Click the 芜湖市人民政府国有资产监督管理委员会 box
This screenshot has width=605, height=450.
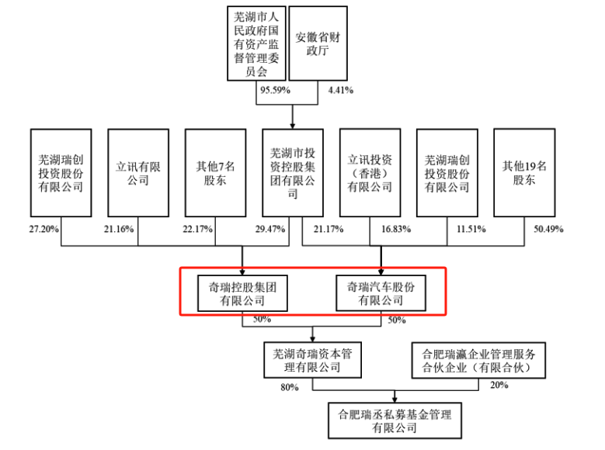click(x=256, y=43)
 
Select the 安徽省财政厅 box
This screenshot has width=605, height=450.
click(x=318, y=43)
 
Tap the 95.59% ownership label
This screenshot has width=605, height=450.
click(x=275, y=90)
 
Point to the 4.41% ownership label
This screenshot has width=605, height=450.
click(x=341, y=90)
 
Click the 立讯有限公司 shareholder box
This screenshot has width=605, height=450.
click(x=138, y=173)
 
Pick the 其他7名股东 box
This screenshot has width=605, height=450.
click(x=215, y=173)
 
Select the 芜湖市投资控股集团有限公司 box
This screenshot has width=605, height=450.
click(x=293, y=173)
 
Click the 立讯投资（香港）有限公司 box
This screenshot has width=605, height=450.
click(x=370, y=173)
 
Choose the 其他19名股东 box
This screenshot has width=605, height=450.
click(x=524, y=173)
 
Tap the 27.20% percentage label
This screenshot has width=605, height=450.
click(x=44, y=229)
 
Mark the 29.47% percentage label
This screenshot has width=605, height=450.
click(x=270, y=229)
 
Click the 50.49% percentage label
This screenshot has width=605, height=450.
click(x=548, y=229)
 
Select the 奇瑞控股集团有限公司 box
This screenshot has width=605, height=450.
click(x=242, y=293)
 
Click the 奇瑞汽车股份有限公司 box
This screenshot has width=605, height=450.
click(x=381, y=292)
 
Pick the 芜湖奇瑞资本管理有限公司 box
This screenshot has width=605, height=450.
click(x=312, y=360)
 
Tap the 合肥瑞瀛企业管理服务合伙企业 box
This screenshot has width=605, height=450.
click(x=478, y=360)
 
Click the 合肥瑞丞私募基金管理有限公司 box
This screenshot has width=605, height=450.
click(x=395, y=421)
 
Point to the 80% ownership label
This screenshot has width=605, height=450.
click(x=290, y=387)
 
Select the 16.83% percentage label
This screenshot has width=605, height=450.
click(x=396, y=229)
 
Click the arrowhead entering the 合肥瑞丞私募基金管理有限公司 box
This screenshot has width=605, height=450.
click(x=395, y=400)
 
